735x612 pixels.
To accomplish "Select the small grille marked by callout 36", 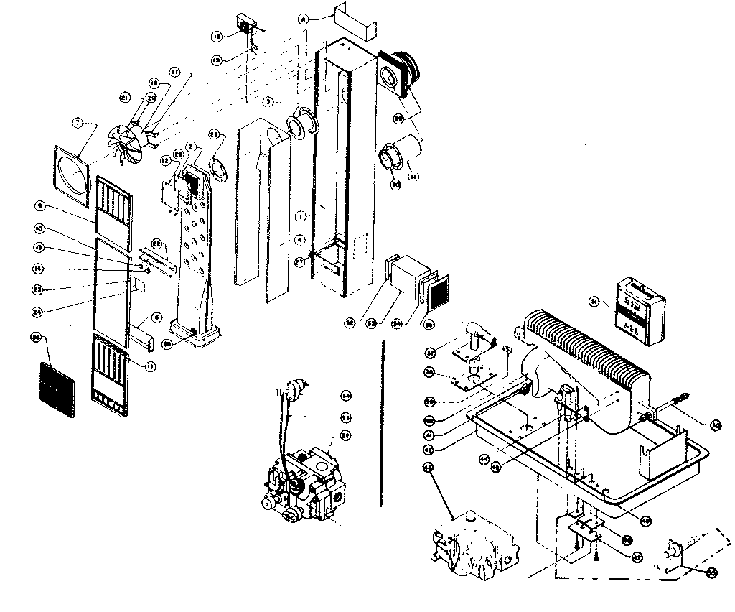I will click(x=54, y=389).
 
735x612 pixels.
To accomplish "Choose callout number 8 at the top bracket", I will click(x=304, y=22).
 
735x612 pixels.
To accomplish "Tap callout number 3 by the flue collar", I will click(x=267, y=102).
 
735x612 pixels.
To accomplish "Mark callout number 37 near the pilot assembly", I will click(x=430, y=352).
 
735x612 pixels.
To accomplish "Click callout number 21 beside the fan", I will click(x=123, y=97).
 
